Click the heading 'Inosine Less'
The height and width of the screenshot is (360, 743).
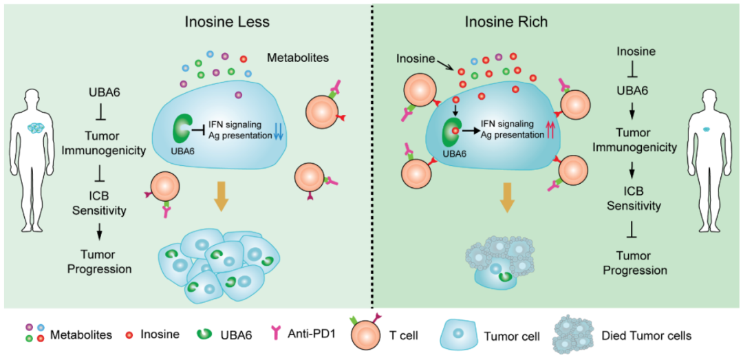(x=226, y=21)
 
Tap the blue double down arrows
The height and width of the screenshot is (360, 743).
(x=277, y=128)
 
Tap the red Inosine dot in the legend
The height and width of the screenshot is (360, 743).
(x=127, y=335)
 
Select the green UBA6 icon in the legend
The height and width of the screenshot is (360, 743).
(x=207, y=335)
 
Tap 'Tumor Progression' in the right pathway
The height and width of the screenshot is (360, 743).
(x=635, y=264)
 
